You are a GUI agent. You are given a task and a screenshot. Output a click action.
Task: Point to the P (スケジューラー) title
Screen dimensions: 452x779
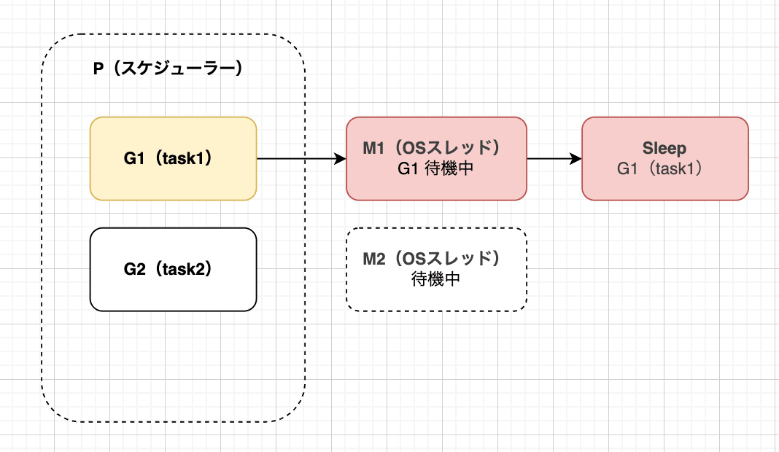168,69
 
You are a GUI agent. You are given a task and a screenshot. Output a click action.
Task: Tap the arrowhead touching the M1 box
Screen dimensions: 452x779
340,158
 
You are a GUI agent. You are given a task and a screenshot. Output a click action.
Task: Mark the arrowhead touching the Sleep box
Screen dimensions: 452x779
575,158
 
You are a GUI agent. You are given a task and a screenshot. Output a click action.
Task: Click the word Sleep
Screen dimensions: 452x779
664,148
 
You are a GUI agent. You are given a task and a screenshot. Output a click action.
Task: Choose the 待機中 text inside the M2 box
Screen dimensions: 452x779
435,278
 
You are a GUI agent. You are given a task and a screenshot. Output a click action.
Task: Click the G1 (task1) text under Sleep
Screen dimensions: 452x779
664,168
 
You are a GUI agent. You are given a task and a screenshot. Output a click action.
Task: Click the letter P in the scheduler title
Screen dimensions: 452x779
98,69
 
